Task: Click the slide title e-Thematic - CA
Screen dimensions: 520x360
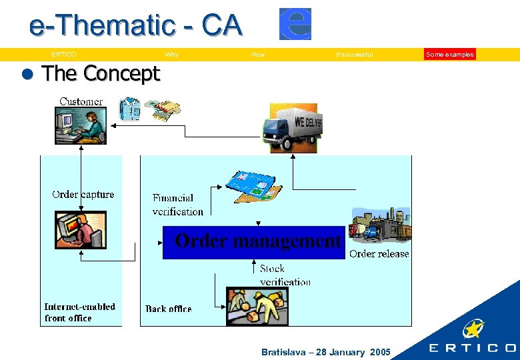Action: pos(135,27)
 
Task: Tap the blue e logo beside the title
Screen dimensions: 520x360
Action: pos(295,24)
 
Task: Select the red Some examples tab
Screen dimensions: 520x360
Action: pos(450,55)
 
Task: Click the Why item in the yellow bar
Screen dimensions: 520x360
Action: pos(172,55)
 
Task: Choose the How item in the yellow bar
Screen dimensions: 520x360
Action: pos(258,55)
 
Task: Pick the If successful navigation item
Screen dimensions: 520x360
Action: pos(355,55)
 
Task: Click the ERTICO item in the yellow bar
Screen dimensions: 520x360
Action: pos(64,55)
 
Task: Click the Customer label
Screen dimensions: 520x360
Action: pos(81,101)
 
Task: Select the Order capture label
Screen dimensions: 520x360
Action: pos(83,195)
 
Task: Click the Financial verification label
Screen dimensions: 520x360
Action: pos(177,205)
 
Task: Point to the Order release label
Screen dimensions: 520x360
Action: pos(379,253)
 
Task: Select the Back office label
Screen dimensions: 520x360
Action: pos(169,309)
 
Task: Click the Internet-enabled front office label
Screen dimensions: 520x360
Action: pos(79,312)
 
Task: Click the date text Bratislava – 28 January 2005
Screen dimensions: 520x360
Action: pos(326,352)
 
